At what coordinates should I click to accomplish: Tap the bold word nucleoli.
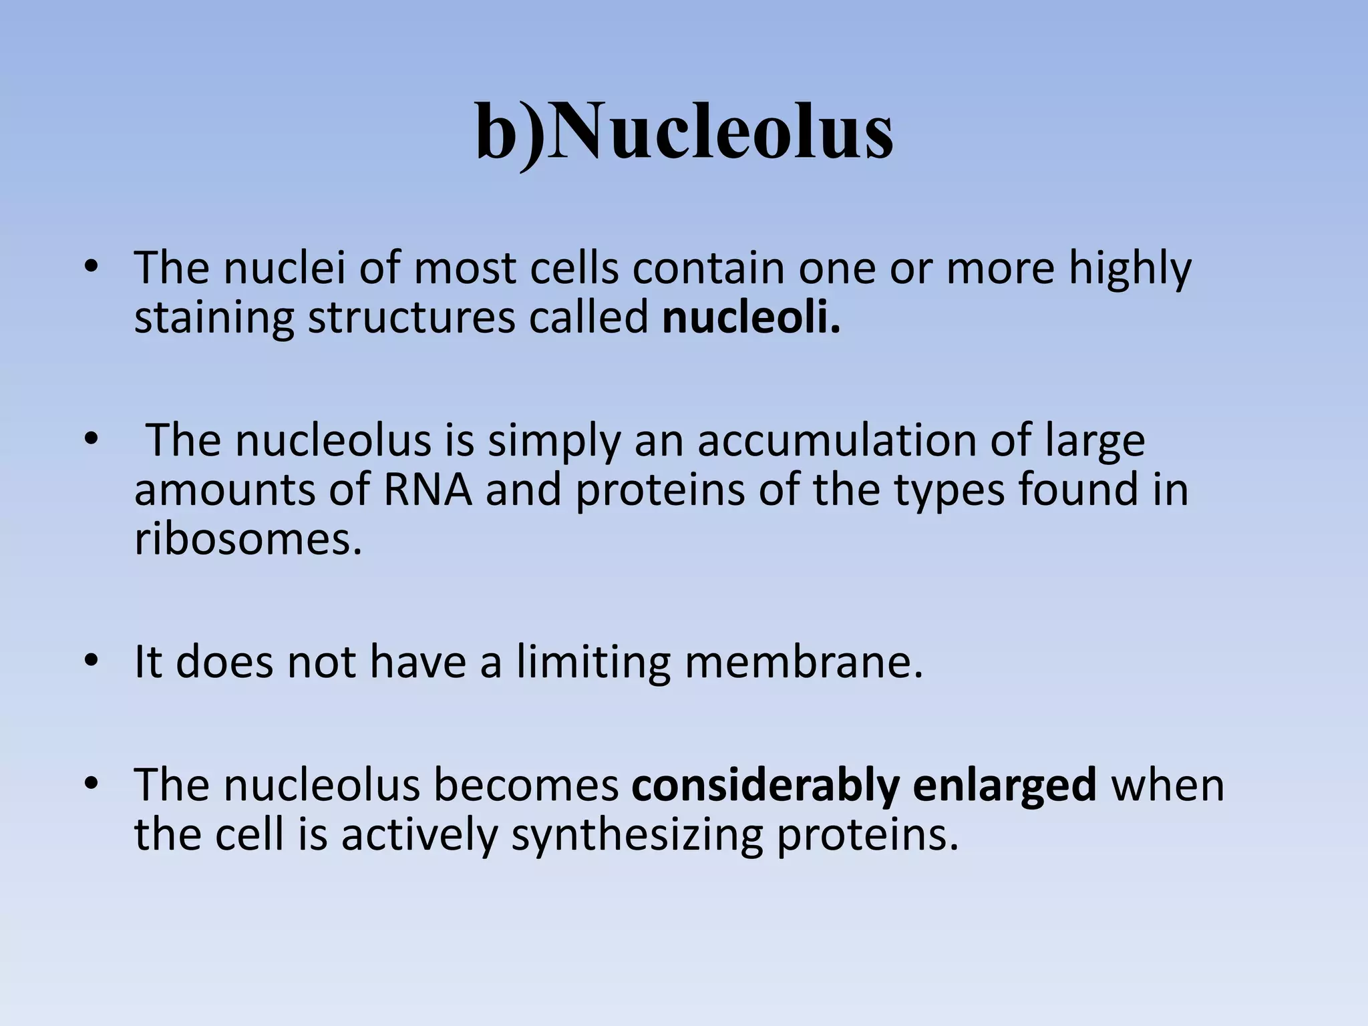point(751,318)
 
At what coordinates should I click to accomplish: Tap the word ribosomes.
point(248,538)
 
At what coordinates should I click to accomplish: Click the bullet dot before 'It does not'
point(92,661)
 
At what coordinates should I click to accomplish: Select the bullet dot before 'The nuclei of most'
point(92,269)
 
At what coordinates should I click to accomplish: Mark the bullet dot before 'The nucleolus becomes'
point(92,784)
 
